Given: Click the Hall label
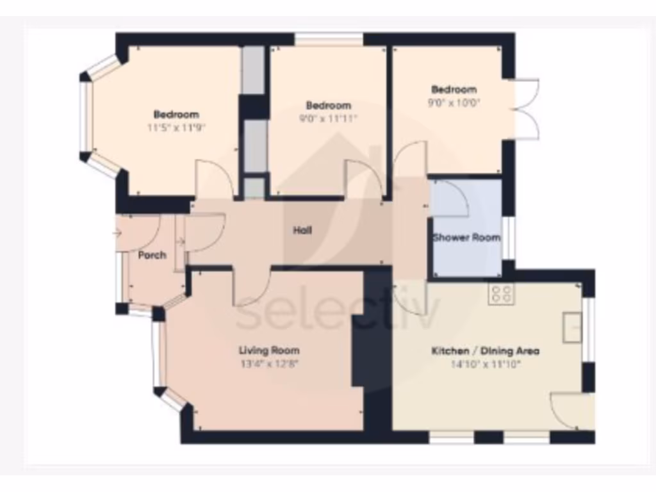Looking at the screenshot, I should [x=302, y=231].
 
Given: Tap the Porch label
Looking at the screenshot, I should [x=152, y=255].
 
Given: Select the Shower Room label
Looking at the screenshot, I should [x=466, y=238].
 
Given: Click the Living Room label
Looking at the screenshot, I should [x=269, y=350].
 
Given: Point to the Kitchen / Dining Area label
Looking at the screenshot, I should [x=485, y=351].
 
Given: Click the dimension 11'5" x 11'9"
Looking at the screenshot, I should [x=176, y=127].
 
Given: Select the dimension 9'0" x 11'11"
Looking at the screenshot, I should [x=328, y=118].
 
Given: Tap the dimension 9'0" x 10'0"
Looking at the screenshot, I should [x=454, y=102].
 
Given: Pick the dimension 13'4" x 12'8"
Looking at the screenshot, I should [x=269, y=363].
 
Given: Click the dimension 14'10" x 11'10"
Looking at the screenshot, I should [x=485, y=364].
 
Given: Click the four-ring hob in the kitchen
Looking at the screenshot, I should [x=501, y=293].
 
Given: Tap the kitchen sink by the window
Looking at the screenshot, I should [x=571, y=327].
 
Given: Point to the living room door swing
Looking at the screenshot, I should [x=251, y=287].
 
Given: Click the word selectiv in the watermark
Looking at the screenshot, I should [x=338, y=314].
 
